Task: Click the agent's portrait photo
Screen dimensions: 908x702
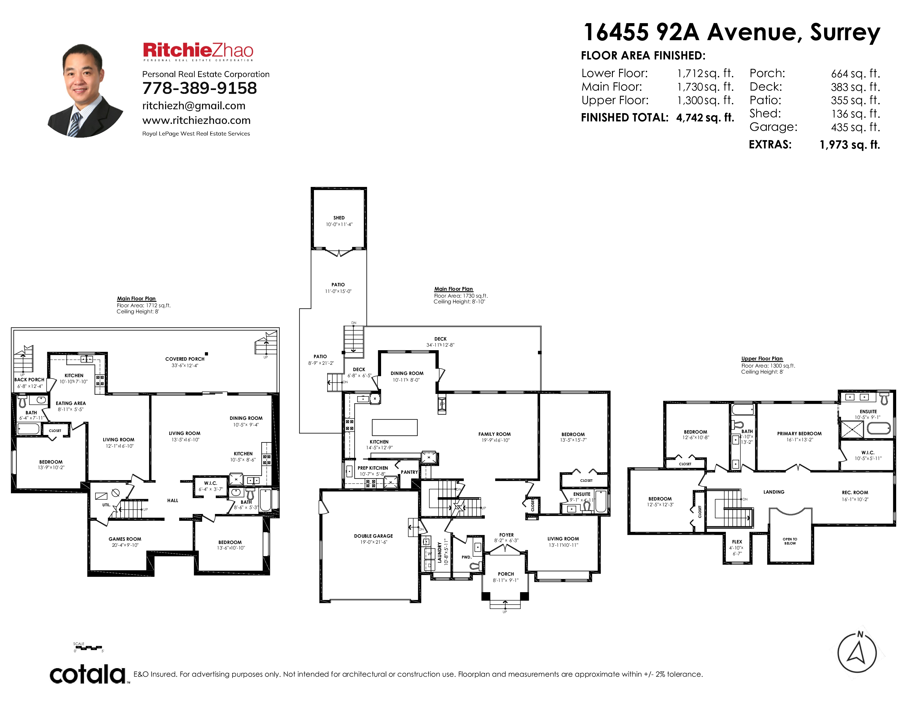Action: tap(86, 90)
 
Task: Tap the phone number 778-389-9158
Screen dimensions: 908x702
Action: tap(199, 88)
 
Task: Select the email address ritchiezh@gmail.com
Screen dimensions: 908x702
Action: tap(194, 106)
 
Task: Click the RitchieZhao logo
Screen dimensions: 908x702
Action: tap(198, 51)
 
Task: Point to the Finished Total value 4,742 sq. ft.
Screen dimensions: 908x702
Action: tap(705, 118)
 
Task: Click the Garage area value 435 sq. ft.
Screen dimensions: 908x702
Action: tap(856, 127)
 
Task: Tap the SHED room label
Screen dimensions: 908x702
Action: tap(339, 217)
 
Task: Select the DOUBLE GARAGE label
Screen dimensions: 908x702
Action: tap(373, 536)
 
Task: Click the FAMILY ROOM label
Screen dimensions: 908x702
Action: tap(494, 434)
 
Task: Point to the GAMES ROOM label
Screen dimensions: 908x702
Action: tap(125, 539)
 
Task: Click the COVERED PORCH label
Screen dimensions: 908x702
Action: tap(185, 359)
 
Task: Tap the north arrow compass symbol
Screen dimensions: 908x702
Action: tap(857, 652)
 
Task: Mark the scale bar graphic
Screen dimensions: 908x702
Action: tap(88, 647)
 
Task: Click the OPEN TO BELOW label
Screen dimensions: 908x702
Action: tap(790, 541)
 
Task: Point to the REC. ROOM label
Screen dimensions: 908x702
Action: tap(855, 493)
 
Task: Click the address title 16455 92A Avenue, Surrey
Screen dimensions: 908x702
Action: tap(732, 32)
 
